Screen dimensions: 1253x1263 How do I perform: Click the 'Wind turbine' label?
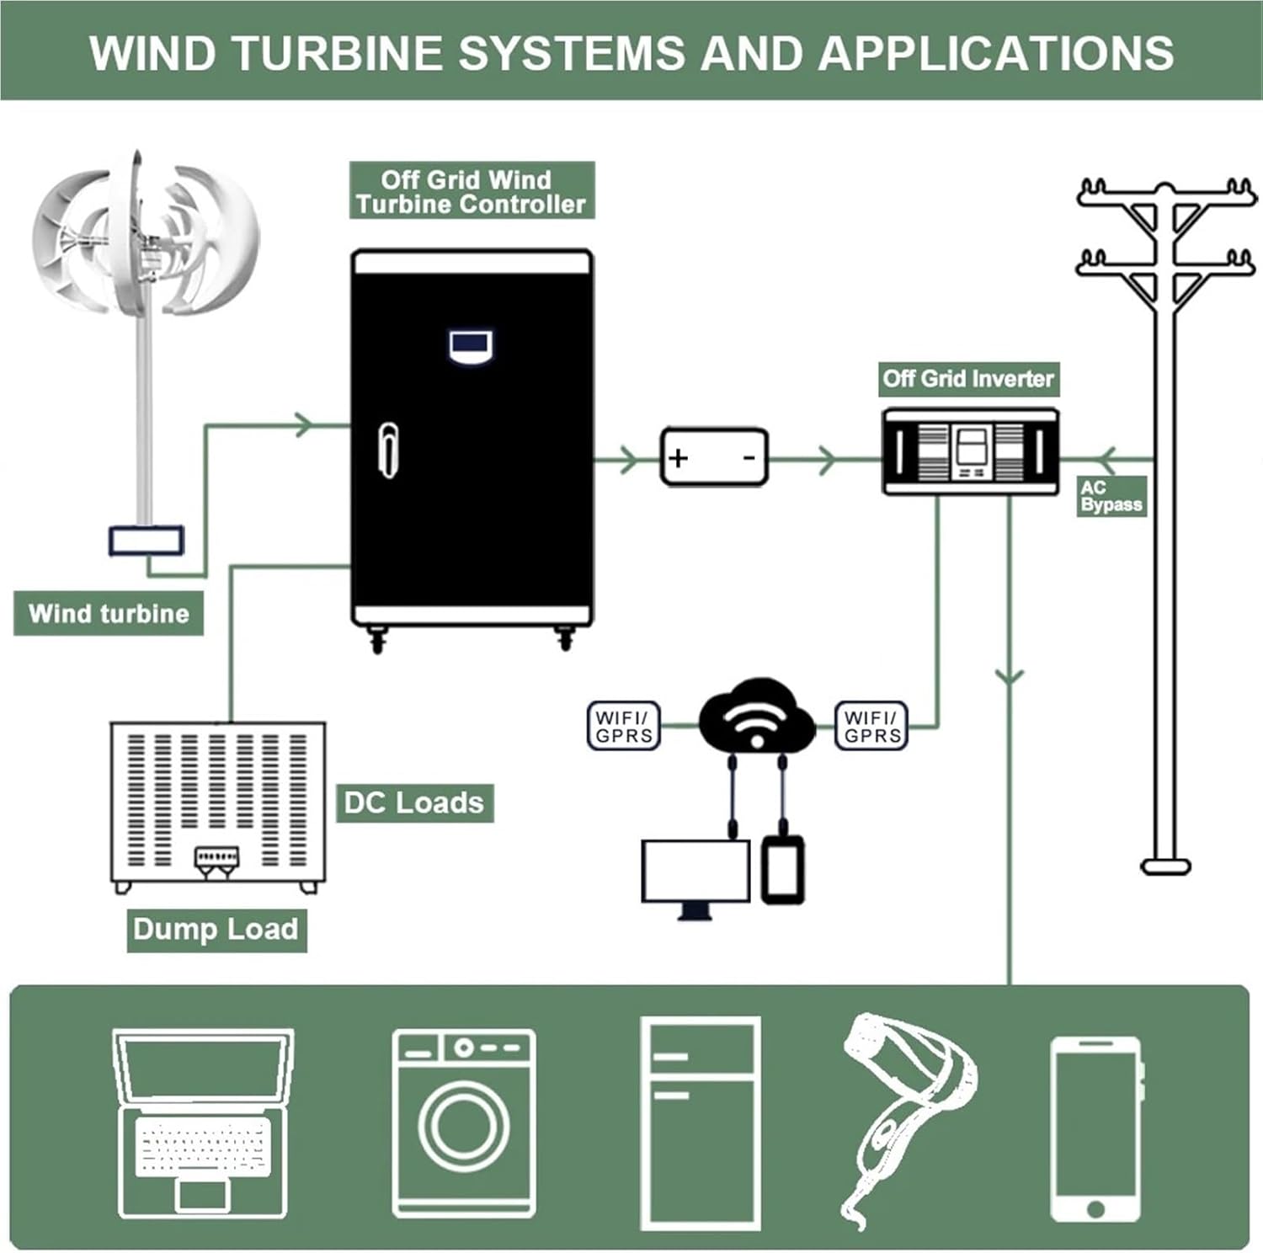click(x=109, y=613)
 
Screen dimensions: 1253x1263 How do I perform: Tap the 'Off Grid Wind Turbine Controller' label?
click(x=471, y=192)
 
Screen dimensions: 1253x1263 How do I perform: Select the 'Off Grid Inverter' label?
click(x=968, y=379)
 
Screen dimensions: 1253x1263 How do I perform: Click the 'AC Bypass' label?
click(x=1111, y=497)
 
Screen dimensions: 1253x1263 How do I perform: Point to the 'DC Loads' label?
click(x=414, y=802)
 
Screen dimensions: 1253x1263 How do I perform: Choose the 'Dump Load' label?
click(x=216, y=930)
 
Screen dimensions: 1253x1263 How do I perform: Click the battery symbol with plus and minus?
click(x=714, y=457)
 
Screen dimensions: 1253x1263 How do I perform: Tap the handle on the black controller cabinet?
click(x=388, y=450)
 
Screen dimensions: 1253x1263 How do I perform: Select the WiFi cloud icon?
click(x=756, y=716)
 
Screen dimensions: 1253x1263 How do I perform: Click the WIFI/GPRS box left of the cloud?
click(x=623, y=726)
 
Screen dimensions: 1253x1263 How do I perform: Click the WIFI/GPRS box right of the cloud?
click(x=872, y=726)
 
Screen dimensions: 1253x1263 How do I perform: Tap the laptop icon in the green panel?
click(x=203, y=1122)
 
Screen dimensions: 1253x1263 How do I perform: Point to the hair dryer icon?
click(x=905, y=1112)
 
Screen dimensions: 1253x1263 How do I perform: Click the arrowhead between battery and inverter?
click(x=828, y=460)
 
